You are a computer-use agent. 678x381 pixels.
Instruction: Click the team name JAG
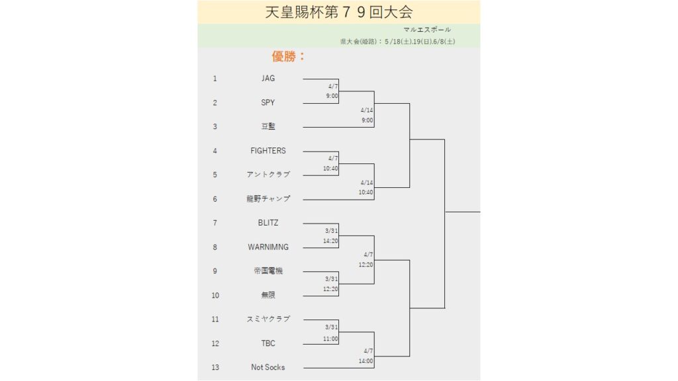(267, 78)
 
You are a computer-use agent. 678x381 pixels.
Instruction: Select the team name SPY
(267, 103)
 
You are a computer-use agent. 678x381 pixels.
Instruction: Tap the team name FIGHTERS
(268, 151)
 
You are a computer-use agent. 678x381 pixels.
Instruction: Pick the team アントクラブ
(268, 175)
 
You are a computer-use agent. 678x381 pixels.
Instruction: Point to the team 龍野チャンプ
(268, 198)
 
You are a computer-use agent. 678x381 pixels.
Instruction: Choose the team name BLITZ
(268, 223)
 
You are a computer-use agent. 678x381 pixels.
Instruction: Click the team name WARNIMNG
(268, 247)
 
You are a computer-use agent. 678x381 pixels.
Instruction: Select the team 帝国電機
(268, 271)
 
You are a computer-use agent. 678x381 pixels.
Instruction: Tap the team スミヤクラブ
(268, 319)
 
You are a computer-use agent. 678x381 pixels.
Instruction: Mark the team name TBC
(268, 343)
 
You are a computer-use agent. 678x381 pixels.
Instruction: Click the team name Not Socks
(268, 367)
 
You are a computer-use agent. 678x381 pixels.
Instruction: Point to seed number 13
(215, 367)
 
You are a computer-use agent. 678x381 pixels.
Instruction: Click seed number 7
(215, 223)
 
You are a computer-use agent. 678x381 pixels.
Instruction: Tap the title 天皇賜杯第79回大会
(339, 12)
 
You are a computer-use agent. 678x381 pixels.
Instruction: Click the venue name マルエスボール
(427, 29)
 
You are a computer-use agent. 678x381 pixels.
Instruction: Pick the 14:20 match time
(330, 241)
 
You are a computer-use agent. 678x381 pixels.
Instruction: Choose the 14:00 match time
(365, 360)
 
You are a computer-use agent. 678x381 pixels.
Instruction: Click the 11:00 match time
(330, 339)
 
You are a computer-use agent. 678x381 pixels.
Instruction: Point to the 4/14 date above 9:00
(367, 110)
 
